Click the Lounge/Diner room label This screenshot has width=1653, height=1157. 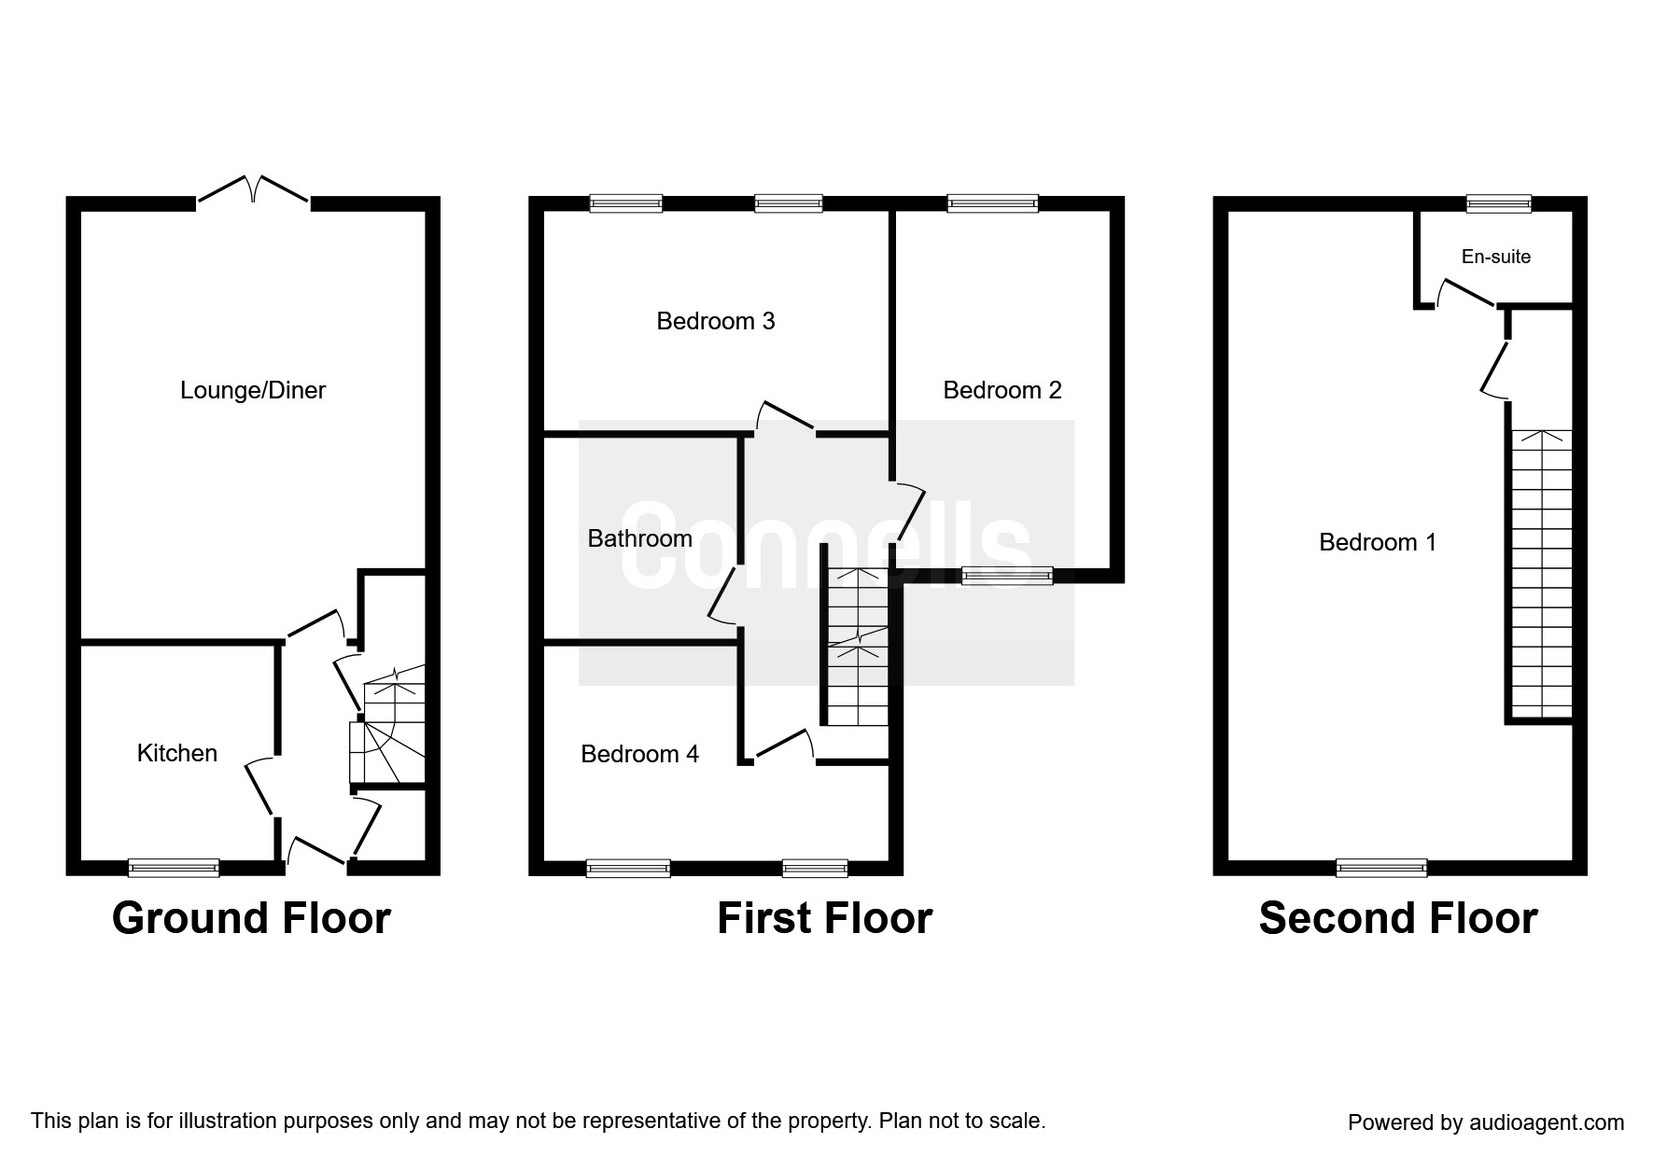coord(253,390)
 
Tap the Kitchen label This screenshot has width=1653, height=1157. coord(177,753)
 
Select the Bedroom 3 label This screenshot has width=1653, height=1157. coord(716,321)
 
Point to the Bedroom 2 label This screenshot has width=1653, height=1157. coord(1002,390)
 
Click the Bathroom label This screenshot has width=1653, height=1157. coord(640,538)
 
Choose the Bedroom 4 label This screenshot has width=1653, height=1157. coord(640,754)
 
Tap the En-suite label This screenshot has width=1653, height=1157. coord(1496,257)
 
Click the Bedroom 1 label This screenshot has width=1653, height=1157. coord(1378,542)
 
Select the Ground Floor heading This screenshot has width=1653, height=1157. coord(251,918)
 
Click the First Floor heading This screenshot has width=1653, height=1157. coord(825,918)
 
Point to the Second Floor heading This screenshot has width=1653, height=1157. coord(1398,918)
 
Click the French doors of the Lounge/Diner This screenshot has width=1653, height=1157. coord(253,188)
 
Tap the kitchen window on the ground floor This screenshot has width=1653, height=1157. coord(174,868)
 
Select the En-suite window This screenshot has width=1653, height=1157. coord(1499,203)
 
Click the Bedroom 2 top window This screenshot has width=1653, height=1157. coord(992,203)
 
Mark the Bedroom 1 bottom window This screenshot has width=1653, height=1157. coord(1381,868)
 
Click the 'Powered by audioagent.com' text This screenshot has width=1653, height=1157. coord(1486,1122)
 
